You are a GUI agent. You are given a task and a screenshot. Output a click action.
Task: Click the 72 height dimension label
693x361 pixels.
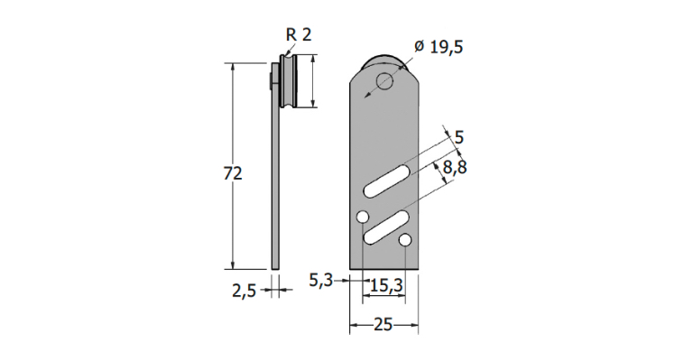[x=233, y=173]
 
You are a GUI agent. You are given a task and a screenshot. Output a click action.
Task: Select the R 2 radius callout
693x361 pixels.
[x=299, y=34]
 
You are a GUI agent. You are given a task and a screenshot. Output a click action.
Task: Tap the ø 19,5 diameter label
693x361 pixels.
[x=439, y=46]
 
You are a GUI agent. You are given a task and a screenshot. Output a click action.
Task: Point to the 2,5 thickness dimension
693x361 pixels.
[x=244, y=291]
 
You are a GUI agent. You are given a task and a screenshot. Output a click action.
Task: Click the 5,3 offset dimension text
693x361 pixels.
[x=320, y=280]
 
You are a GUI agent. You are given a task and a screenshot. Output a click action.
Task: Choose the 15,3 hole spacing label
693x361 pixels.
[x=386, y=286]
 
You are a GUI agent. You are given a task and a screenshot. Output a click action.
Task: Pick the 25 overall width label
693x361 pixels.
[x=383, y=325]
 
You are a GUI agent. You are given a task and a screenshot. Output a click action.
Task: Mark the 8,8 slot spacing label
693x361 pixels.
[x=455, y=168]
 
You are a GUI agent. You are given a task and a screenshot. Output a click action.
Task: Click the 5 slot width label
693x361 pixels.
[x=459, y=138]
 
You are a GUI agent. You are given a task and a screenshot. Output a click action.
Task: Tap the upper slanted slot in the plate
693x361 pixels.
[x=386, y=180]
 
